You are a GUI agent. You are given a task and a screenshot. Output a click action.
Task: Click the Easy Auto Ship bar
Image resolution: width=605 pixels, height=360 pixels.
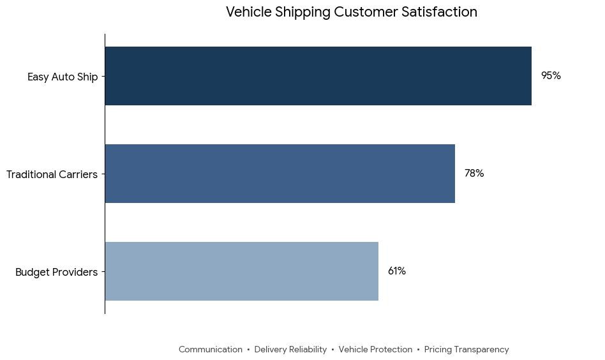(318, 76)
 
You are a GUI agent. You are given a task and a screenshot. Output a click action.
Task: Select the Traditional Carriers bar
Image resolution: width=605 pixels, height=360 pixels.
(280, 174)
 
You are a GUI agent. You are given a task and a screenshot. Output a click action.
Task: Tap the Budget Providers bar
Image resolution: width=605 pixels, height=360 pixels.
(242, 271)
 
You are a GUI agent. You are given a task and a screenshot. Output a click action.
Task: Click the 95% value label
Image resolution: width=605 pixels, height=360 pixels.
(551, 75)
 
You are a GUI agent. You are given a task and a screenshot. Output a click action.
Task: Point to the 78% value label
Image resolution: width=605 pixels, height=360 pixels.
(474, 173)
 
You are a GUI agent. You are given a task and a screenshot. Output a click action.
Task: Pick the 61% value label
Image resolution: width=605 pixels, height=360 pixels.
(397, 271)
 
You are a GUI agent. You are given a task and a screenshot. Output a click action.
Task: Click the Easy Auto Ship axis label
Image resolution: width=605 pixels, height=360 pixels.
(63, 77)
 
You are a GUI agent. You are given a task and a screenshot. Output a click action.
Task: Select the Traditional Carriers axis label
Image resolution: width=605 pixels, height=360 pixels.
(52, 174)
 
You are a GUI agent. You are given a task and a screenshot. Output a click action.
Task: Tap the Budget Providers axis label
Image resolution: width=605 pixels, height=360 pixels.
(56, 272)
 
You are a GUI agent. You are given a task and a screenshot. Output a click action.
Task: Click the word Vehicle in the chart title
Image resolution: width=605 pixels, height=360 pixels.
(249, 12)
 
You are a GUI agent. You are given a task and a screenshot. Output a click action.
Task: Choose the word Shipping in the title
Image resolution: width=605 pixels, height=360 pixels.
(303, 13)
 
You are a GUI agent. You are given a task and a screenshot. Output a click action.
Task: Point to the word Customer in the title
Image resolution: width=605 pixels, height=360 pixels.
(366, 12)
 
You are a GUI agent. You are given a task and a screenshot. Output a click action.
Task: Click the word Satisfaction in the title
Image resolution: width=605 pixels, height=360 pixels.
(440, 12)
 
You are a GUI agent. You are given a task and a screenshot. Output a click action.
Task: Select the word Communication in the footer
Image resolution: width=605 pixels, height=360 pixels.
(211, 349)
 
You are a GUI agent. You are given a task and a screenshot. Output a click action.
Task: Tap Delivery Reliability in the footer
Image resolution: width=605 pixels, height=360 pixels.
(290, 350)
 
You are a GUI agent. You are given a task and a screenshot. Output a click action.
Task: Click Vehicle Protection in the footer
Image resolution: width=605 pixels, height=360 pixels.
(375, 349)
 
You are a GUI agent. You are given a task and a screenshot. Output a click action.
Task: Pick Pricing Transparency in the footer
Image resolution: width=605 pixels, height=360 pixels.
(467, 350)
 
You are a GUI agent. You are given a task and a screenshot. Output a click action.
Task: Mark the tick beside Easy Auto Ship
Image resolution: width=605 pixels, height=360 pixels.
(103, 77)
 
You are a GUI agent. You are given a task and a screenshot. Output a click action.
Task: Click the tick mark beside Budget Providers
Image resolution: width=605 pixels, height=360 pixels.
(103, 272)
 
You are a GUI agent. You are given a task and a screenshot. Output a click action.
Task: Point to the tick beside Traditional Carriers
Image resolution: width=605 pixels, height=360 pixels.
(103, 174)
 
